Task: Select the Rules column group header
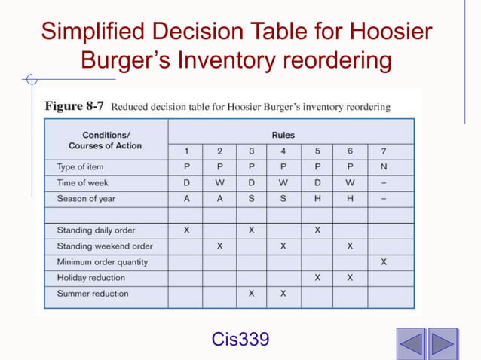[283, 136]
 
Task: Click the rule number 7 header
[384, 151]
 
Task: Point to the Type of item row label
[81, 166]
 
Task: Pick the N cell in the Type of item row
[384, 166]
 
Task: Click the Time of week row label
[83, 182]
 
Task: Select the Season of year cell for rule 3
[251, 198]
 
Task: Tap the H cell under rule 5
[317, 198]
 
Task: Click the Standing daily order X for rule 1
[185, 230]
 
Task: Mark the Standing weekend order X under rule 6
[351, 246]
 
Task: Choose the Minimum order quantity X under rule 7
[384, 262]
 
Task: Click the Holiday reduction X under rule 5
[317, 278]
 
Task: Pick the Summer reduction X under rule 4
[283, 294]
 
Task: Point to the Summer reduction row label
[93, 294]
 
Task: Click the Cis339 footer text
[240, 340]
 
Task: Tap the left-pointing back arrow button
[411, 343]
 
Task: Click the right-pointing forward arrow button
[443, 343]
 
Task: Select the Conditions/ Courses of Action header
[105, 140]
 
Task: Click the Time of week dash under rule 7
[384, 182]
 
